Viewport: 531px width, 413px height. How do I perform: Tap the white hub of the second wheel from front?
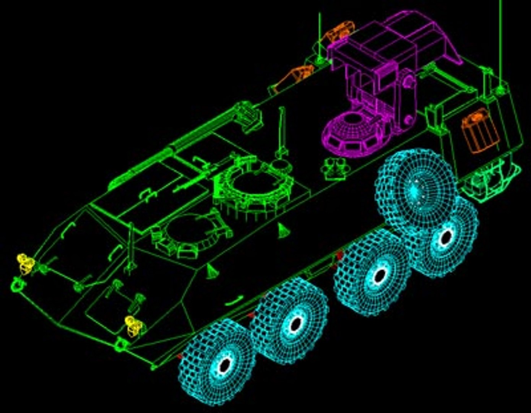click(x=295, y=324)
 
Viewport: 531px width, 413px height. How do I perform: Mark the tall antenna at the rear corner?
click(x=500, y=46)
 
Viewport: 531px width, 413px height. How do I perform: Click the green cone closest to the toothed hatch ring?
click(x=283, y=231)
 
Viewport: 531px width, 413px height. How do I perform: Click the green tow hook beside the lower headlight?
click(x=121, y=344)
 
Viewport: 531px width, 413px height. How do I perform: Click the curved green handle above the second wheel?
click(x=234, y=301)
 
